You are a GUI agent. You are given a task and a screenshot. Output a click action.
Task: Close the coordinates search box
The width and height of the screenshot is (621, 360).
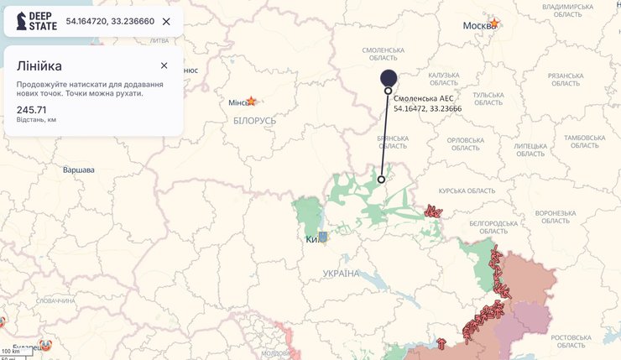pos(166,21)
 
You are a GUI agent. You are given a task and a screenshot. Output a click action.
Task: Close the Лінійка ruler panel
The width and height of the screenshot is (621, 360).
pos(164,65)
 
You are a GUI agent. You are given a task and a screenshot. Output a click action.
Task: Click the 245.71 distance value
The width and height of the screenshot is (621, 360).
pos(31,110)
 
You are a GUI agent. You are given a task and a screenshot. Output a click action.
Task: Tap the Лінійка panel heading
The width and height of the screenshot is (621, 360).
pos(39,65)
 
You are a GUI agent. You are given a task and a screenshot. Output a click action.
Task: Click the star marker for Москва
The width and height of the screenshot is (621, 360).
pos(494,23)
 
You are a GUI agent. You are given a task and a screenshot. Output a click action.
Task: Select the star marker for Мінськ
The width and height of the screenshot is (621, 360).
pos(250,101)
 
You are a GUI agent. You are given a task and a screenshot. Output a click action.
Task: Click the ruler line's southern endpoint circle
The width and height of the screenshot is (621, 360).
pos(381,180)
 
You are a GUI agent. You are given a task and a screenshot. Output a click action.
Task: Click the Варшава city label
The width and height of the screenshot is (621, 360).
pos(79,170)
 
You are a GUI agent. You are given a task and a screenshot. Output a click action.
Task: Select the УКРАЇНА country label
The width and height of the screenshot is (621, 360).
pos(341,274)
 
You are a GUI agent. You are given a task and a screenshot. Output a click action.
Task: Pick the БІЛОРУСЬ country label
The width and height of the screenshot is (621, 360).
pos(255,121)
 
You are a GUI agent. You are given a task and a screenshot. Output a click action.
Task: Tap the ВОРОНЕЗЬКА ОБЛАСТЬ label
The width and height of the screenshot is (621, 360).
pos(555,217)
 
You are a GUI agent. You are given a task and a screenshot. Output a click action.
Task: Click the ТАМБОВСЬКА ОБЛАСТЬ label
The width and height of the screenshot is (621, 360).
pos(584,142)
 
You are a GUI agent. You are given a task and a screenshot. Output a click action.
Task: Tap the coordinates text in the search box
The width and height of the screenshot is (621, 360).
pos(110,21)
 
